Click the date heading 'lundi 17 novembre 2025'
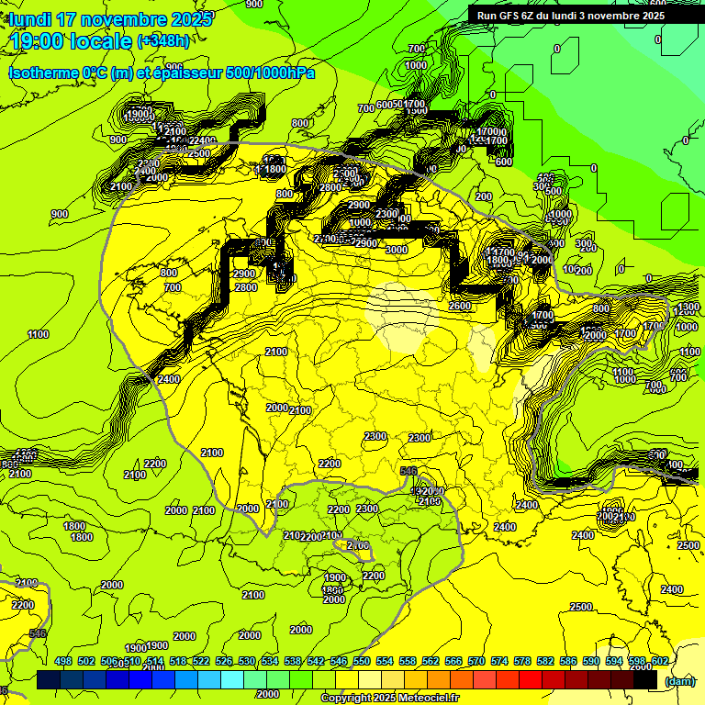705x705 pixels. (x=110, y=19)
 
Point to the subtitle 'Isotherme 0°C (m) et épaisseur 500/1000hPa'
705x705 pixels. (x=162, y=73)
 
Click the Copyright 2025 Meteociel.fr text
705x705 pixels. (x=390, y=698)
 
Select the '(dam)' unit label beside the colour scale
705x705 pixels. (x=678, y=681)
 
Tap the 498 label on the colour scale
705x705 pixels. (x=63, y=661)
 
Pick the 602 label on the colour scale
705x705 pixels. (x=659, y=661)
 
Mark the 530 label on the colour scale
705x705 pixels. (x=247, y=661)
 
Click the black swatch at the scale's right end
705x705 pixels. (x=646, y=680)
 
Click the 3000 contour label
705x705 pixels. (x=397, y=250)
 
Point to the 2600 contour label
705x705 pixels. (x=460, y=306)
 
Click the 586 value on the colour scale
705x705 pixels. (x=568, y=661)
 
